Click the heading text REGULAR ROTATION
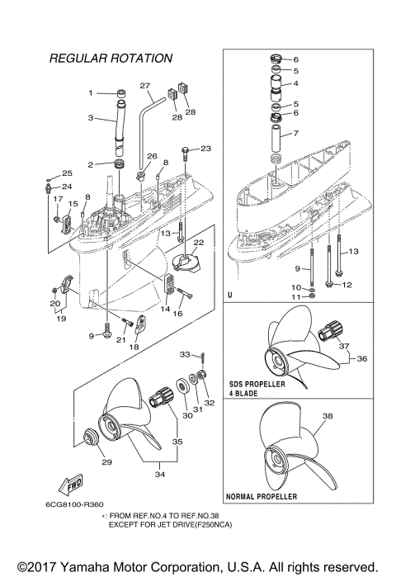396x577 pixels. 111,59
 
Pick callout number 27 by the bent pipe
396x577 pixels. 145,86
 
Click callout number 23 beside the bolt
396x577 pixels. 205,149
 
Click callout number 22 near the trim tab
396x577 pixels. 199,243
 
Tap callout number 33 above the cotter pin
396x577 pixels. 186,354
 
